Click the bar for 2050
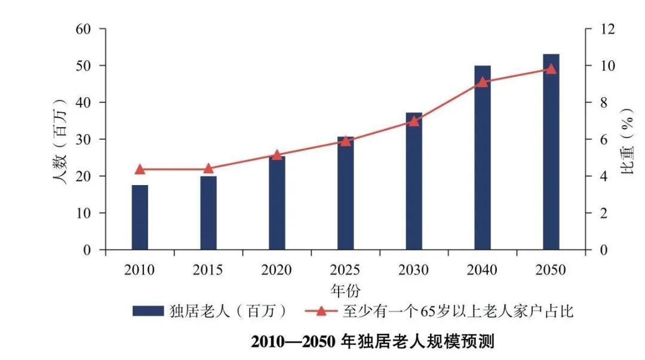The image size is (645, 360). [x=551, y=152]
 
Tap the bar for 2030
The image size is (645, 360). [x=414, y=181]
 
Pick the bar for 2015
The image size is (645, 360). [x=208, y=213]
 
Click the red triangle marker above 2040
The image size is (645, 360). [x=483, y=81]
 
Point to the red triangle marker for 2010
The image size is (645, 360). [x=140, y=169]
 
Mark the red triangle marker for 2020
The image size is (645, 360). [x=277, y=155]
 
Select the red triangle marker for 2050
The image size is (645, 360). [x=551, y=69]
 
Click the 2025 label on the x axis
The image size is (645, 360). [x=345, y=270]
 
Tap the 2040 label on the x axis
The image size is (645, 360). [x=483, y=270]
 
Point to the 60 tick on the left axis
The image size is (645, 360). [x=83, y=29]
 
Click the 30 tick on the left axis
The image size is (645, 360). [x=83, y=139]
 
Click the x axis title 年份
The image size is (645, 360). [x=345, y=291]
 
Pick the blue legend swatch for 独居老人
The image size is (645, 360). [x=148, y=311]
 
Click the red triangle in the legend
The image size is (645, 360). [x=321, y=311]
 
